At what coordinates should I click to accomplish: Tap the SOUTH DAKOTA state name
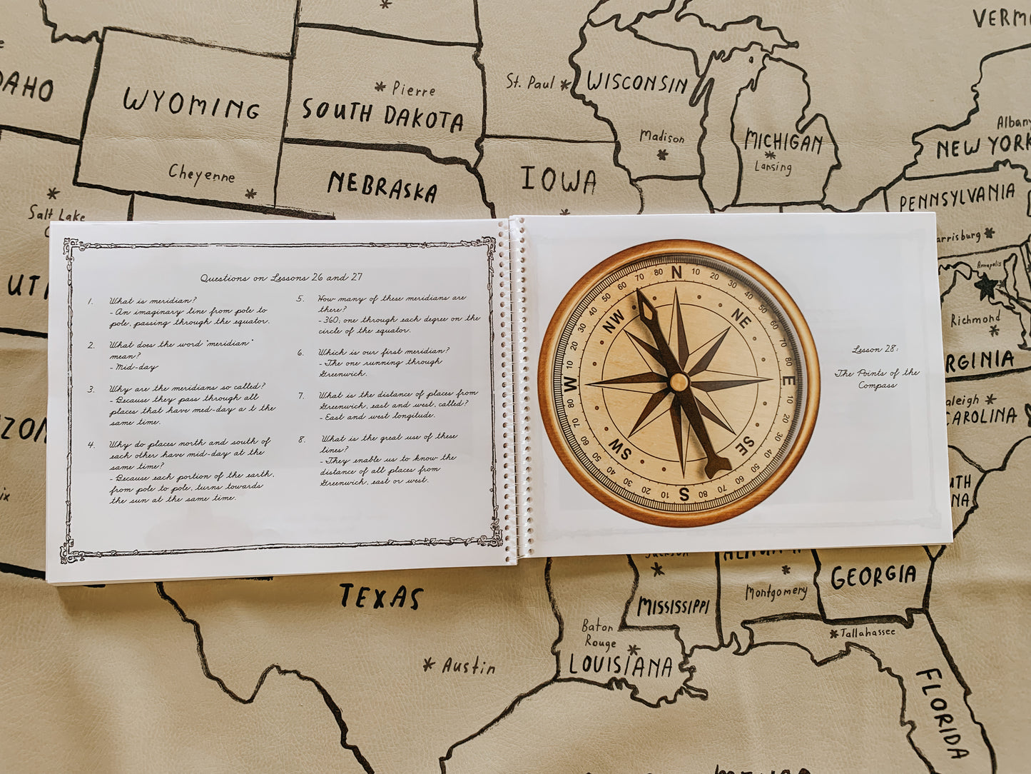[382, 115]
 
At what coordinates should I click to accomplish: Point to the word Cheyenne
[201, 174]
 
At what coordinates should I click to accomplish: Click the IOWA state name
[559, 180]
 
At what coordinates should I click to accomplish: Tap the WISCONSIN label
[637, 83]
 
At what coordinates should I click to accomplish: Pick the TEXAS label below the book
[381, 597]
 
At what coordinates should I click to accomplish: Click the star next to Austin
[429, 664]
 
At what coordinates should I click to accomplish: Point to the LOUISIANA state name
[620, 666]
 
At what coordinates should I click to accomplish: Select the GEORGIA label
[873, 576]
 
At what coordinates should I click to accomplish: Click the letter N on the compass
[676, 273]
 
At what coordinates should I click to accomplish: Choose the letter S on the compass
[684, 493]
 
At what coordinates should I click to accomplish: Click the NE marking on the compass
[741, 319]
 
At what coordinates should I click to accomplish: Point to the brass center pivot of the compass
[679, 382]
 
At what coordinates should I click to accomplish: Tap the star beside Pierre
[380, 87]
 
